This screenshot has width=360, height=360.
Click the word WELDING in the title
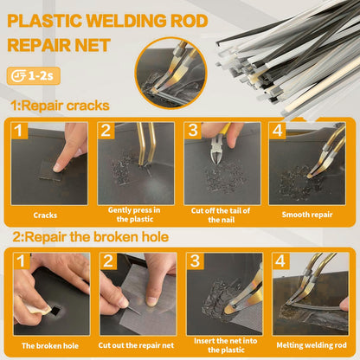[126, 21]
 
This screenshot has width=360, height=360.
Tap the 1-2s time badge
[34, 76]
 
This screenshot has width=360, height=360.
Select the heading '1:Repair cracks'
[60, 106]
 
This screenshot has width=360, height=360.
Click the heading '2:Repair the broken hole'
[91, 237]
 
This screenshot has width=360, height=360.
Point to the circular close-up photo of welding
[171, 73]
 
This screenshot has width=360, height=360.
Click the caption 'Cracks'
[45, 215]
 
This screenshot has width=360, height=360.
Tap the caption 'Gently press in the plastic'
[134, 215]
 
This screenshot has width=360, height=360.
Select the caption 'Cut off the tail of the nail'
[221, 215]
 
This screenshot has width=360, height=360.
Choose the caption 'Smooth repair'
[307, 215]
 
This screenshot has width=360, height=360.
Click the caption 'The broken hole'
[50, 345]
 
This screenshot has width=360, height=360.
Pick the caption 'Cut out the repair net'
[136, 345]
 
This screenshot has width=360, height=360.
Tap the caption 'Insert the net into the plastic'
[226, 345]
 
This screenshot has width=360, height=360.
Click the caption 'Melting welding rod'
[312, 345]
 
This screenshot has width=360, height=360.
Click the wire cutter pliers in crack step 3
[218, 145]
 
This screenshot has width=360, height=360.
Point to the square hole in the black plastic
[55, 311]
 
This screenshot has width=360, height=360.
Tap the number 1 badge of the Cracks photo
[19, 131]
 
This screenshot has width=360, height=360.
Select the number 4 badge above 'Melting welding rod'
[280, 260]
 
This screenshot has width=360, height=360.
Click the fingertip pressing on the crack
[59, 167]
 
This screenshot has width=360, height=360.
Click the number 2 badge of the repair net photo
[108, 260]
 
